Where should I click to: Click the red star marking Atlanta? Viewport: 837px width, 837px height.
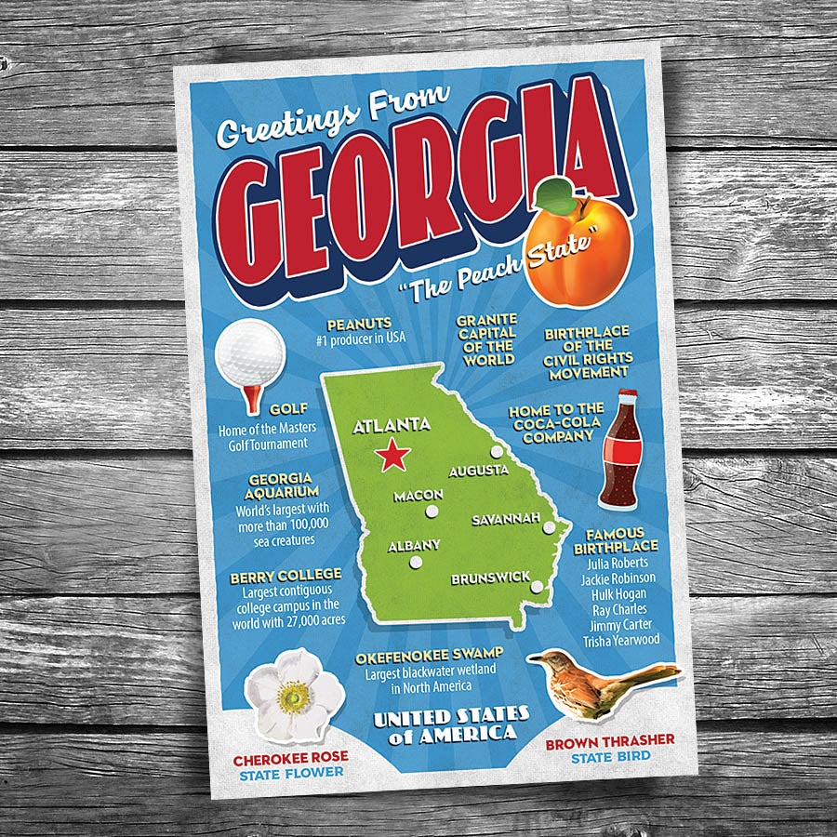coord(394,456)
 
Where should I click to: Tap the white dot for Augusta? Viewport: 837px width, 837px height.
coord(498,452)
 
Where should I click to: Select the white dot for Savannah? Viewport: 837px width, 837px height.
coord(550,527)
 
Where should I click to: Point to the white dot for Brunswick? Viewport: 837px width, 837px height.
coord(538,586)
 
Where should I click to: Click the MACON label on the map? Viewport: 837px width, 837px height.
coord(418,496)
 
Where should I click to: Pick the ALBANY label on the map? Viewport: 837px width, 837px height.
coord(414,545)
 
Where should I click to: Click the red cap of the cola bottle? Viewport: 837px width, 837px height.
coord(626,396)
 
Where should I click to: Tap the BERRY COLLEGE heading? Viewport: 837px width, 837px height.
coord(286,575)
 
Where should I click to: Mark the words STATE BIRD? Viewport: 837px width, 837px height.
coord(610,757)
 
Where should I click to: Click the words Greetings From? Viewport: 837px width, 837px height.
coord(332,117)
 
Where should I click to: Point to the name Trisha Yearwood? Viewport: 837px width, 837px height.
coord(620,641)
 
